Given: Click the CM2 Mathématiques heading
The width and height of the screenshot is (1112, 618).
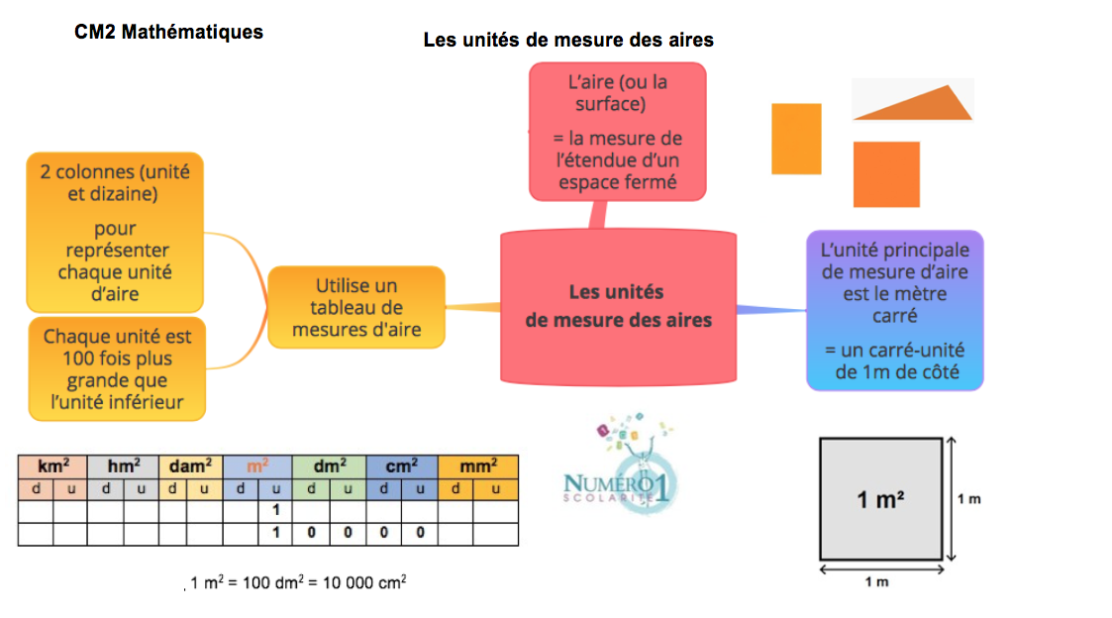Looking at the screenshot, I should click(x=168, y=32).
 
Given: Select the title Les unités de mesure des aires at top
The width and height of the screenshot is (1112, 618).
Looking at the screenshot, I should click(x=567, y=40).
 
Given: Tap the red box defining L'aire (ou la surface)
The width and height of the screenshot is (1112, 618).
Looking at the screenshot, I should click(x=617, y=130).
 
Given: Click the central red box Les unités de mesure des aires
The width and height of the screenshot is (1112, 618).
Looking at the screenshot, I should click(x=618, y=306).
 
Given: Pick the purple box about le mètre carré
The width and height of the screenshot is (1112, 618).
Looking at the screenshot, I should click(x=894, y=309).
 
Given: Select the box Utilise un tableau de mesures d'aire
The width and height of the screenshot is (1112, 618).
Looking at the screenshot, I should click(x=355, y=306).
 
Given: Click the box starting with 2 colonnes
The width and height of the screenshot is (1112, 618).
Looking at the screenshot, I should click(x=114, y=232).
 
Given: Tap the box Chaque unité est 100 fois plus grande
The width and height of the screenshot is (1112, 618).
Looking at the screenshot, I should click(x=117, y=369).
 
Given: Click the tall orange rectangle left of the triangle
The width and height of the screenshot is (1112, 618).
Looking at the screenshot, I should click(x=796, y=139).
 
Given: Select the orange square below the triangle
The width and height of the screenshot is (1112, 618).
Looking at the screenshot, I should click(x=886, y=174).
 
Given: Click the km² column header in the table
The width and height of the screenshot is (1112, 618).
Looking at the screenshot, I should click(x=52, y=466).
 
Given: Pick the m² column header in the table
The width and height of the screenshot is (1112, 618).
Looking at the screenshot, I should click(x=256, y=466).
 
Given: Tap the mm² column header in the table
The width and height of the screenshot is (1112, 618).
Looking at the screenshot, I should click(x=477, y=466).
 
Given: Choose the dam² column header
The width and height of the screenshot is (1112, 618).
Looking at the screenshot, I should click(x=189, y=466).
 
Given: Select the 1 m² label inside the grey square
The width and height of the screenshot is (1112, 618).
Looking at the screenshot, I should click(x=879, y=500).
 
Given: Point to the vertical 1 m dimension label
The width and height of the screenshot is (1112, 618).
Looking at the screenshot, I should click(x=968, y=499).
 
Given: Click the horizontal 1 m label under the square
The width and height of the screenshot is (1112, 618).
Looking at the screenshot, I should click(x=876, y=581).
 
